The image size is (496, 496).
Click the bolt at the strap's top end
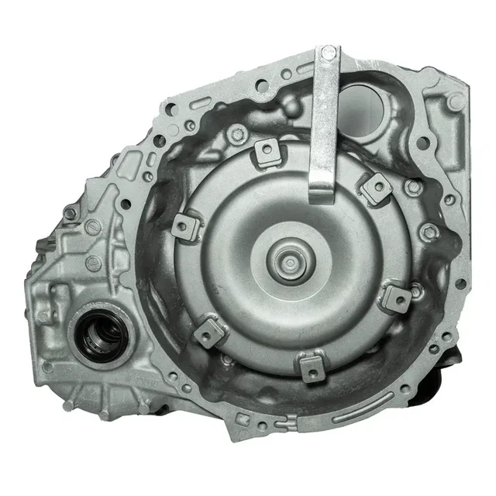(x=329, y=53)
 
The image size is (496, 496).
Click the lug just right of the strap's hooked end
(x=377, y=185)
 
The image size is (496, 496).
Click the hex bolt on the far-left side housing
(x=70, y=213)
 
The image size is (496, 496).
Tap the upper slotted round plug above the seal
(x=93, y=227)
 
